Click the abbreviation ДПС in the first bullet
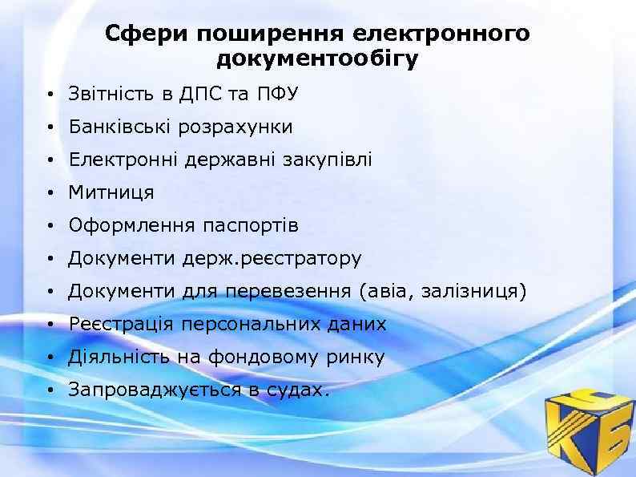click(200, 94)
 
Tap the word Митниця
click(111, 192)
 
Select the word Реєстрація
click(121, 325)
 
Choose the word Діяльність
click(119, 358)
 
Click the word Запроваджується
click(153, 390)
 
